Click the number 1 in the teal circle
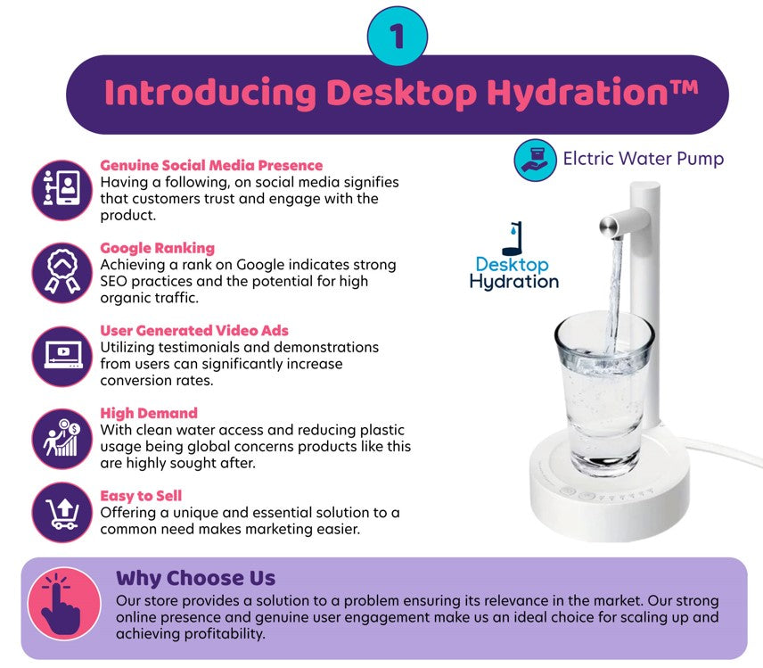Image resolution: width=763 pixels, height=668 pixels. coord(397,36)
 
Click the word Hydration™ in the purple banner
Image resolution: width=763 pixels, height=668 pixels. coord(593,92)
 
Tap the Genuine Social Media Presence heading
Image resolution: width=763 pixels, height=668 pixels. coord(211,165)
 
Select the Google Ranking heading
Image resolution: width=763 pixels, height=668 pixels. coord(157,248)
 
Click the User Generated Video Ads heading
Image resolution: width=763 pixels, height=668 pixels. coord(194,331)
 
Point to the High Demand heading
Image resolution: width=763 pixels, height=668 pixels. coord(149,413)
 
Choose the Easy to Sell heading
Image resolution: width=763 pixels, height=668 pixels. coord(141,496)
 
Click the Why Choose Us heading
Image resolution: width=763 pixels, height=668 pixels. coord(195,578)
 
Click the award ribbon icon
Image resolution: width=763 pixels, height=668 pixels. coord(62,273)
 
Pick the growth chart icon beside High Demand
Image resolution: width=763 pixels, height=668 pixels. coord(62,438)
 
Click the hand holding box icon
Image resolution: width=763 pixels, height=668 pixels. coord(536,161)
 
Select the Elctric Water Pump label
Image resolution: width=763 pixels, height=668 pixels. coord(644,159)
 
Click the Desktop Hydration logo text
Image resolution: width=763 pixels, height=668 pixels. coord(513,273)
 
